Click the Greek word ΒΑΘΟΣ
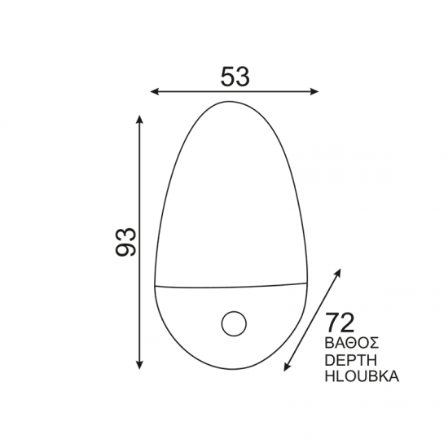(x=353, y=340)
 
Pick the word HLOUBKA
(x=361, y=377)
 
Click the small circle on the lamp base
(x=234, y=323)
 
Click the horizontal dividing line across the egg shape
(x=229, y=286)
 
